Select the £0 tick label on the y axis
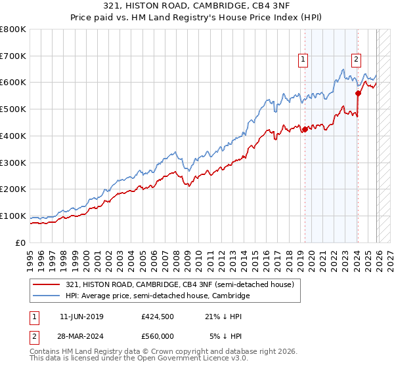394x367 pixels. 20,242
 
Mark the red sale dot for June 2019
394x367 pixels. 305,129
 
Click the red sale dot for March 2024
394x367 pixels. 358,93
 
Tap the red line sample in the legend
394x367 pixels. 47,284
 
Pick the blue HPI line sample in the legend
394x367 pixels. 47,296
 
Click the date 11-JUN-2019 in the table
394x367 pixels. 81,317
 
